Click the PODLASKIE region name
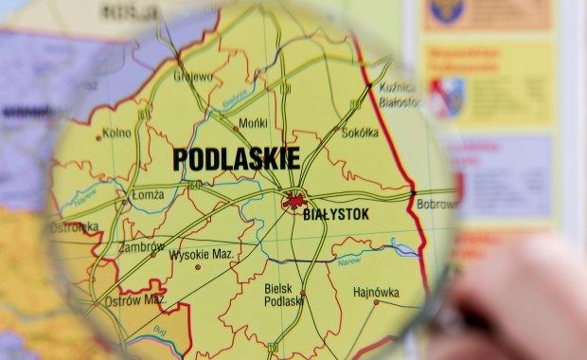point(236,158)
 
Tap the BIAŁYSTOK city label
point(335,215)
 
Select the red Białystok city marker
point(295,200)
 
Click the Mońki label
point(253,123)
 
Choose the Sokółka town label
point(359,133)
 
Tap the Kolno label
point(116,134)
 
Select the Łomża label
point(148,195)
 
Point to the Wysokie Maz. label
point(202,254)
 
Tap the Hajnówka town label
point(376,292)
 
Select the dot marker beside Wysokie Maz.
point(198,266)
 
